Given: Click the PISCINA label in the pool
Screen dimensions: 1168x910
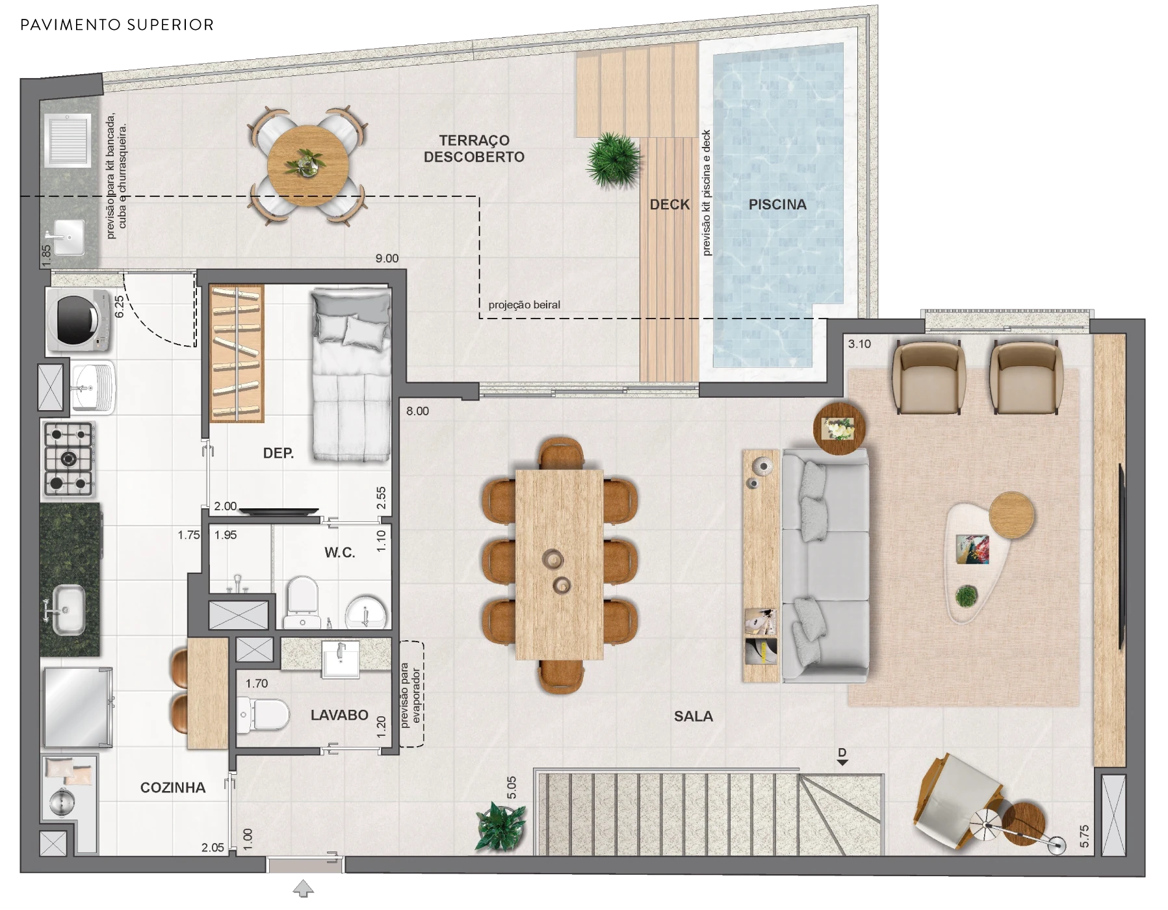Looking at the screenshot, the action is click(777, 205).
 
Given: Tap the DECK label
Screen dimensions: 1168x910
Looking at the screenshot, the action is click(669, 205).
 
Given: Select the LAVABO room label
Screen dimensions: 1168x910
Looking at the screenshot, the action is click(339, 715).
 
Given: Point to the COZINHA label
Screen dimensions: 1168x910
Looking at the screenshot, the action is click(173, 788).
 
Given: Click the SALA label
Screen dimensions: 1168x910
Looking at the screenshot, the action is click(694, 716).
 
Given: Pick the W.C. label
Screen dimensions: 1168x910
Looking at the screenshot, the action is click(340, 552).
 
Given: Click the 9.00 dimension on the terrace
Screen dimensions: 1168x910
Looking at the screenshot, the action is click(387, 259).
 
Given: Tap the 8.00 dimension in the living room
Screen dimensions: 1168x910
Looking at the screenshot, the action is click(417, 411).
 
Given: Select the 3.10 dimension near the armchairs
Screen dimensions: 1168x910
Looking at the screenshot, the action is click(859, 344).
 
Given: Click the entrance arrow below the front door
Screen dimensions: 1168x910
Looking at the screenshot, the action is click(304, 888).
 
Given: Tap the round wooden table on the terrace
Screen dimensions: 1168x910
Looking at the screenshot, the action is click(308, 166).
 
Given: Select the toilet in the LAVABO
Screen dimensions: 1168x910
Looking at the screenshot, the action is click(263, 714).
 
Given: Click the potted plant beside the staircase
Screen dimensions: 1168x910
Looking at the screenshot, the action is click(501, 825).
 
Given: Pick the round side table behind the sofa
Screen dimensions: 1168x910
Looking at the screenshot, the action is click(839, 428).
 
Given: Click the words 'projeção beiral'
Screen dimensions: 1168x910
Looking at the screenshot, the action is click(524, 305).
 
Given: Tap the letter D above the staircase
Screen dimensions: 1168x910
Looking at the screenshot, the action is click(842, 753).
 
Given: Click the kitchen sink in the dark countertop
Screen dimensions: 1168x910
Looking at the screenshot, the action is click(68, 609).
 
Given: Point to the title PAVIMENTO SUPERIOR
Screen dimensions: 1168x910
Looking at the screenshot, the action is click(117, 25).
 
